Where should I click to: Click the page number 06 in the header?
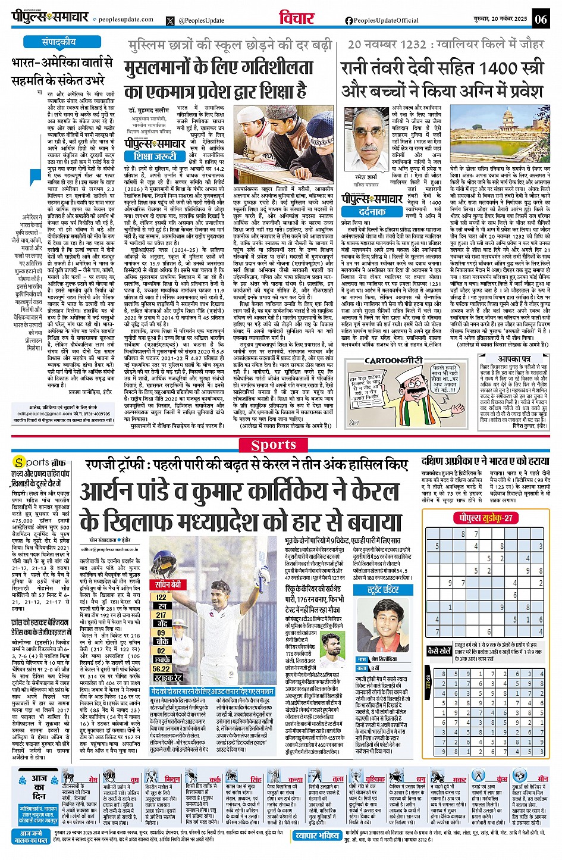(x=541, y=19)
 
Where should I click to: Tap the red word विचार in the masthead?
(x=296, y=18)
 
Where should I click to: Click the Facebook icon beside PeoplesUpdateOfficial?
(x=349, y=20)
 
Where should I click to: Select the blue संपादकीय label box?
(x=59, y=42)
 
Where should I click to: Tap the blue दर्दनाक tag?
(x=373, y=211)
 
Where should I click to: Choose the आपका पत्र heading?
(x=514, y=359)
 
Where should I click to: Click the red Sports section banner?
(x=274, y=445)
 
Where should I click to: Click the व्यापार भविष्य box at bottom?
(x=318, y=835)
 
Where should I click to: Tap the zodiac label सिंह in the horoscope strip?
(x=256, y=779)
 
